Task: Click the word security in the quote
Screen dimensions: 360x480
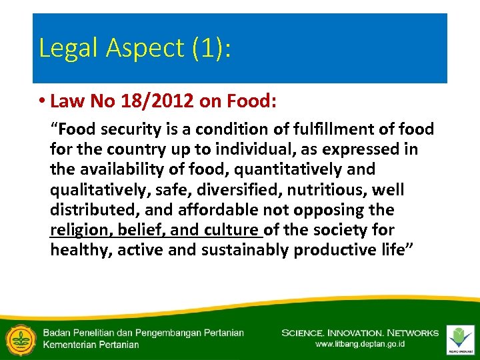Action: (x=121, y=129)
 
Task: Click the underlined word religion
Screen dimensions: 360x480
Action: (x=81, y=230)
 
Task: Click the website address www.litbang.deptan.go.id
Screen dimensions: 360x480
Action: (x=360, y=344)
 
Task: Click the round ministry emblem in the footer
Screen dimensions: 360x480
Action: (x=20, y=338)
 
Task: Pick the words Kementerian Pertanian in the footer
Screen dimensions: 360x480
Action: (x=91, y=345)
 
